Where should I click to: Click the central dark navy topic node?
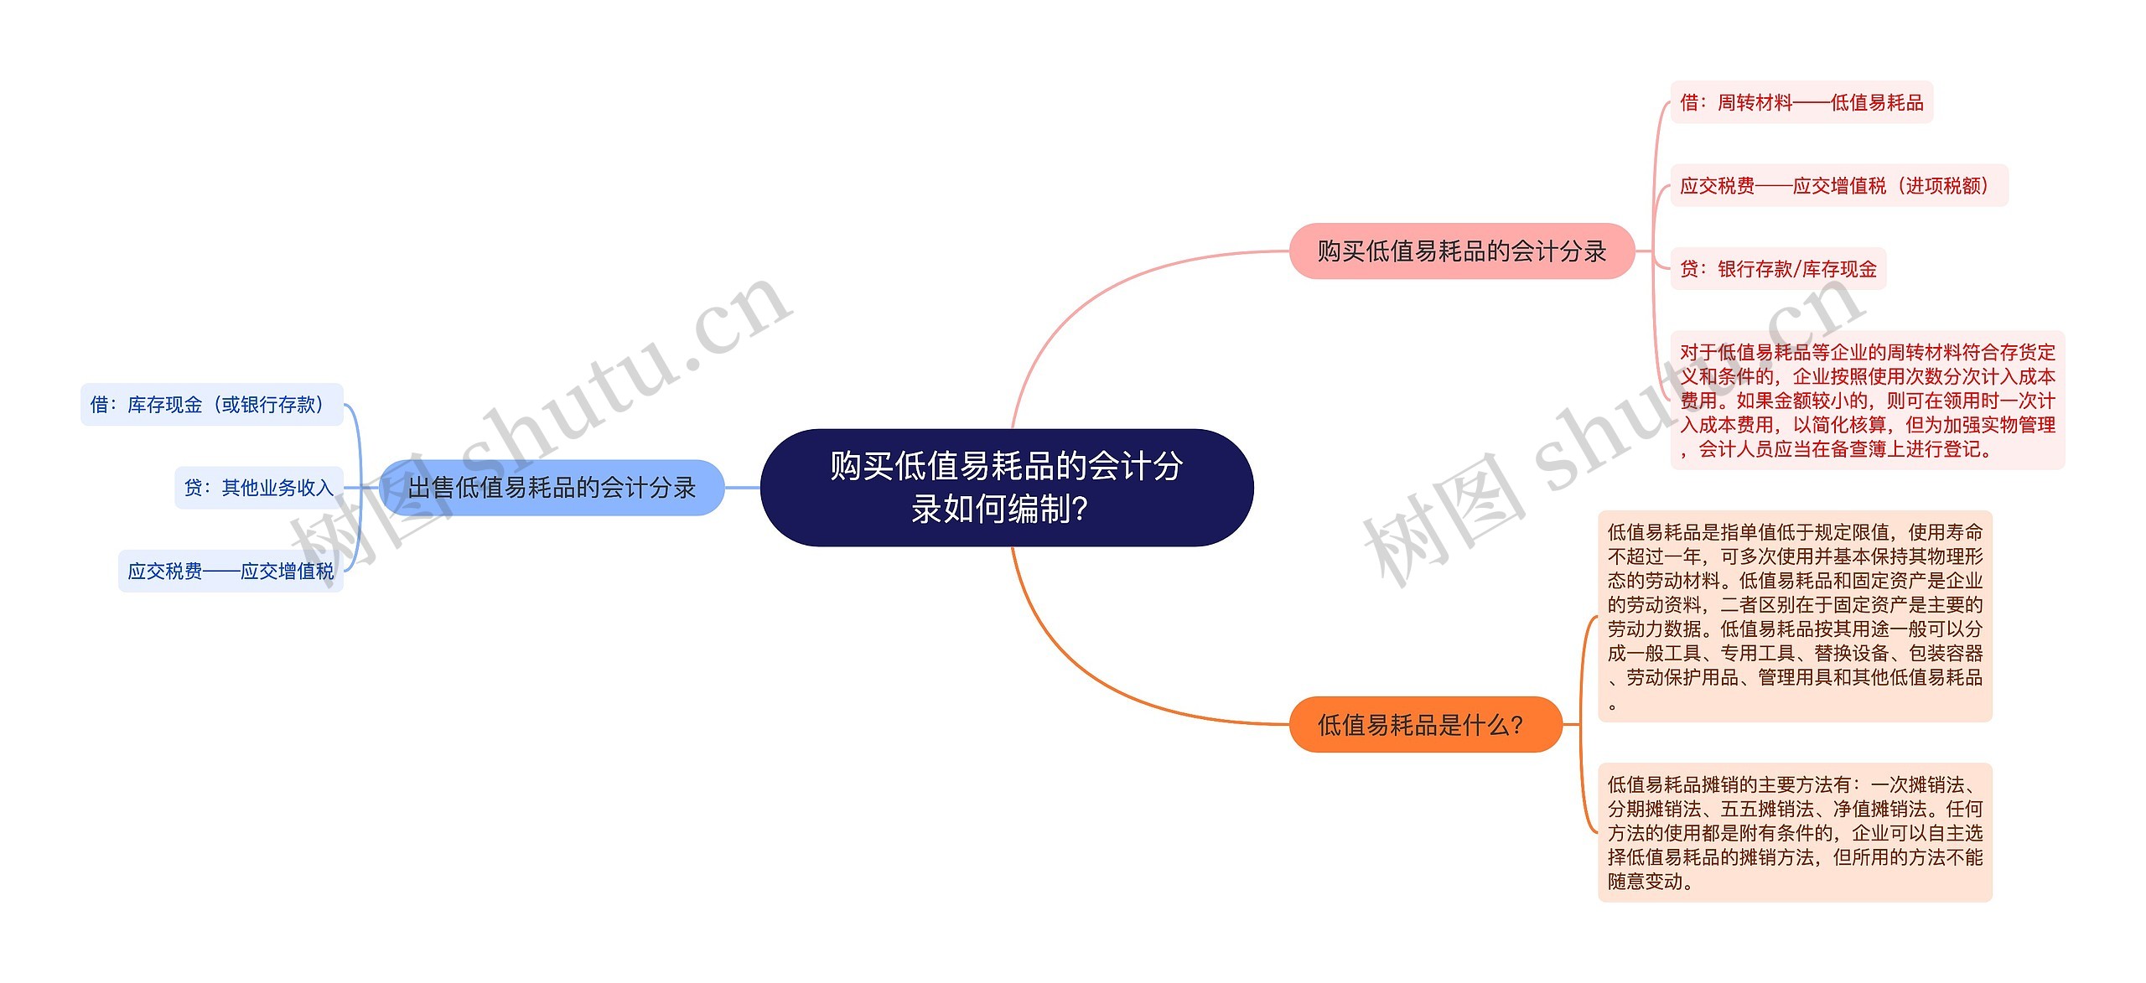point(1006,487)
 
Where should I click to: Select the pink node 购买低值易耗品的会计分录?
point(1461,251)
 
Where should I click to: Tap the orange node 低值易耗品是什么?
point(1424,724)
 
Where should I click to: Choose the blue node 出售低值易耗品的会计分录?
point(552,487)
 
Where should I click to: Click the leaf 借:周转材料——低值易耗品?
point(1801,102)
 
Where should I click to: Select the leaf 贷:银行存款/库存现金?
point(1778,269)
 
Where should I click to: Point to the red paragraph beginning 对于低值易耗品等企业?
point(1867,400)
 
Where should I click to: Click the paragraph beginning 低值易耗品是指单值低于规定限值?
point(1795,616)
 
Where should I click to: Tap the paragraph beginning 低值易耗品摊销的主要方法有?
point(1795,832)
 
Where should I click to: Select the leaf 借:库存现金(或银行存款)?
point(211,405)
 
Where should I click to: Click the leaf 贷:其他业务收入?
point(259,487)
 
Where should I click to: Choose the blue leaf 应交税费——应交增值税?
point(231,571)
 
